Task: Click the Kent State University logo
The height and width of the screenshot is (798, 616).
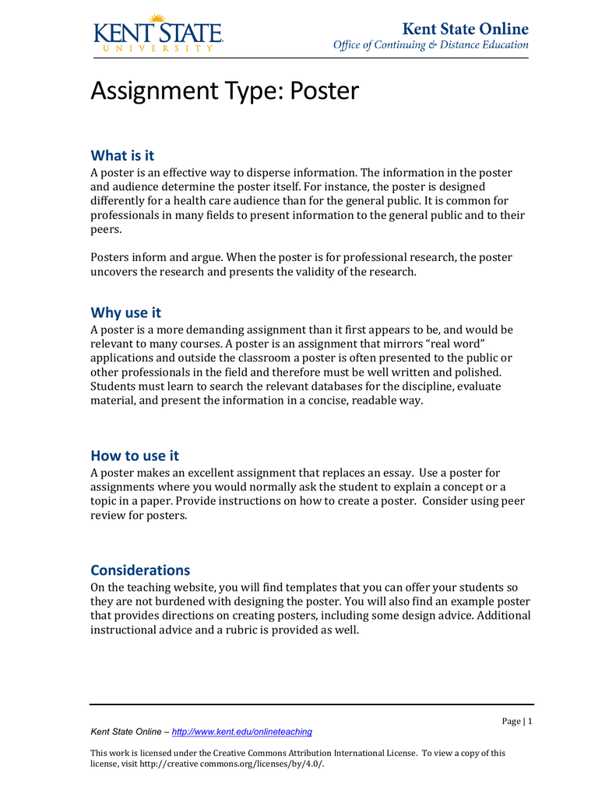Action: click(x=158, y=34)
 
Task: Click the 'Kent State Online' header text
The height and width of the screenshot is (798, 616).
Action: click(x=465, y=29)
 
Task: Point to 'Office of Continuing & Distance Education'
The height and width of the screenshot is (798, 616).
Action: click(x=431, y=45)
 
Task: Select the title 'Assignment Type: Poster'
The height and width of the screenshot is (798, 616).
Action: click(x=224, y=91)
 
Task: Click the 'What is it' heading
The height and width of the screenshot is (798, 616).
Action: click(x=122, y=156)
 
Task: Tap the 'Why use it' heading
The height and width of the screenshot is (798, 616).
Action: click(x=125, y=312)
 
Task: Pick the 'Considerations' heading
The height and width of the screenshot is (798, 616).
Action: click(x=140, y=570)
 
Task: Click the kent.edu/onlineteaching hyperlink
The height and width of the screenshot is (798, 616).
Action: click(x=241, y=732)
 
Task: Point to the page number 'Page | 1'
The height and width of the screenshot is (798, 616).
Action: click(x=516, y=722)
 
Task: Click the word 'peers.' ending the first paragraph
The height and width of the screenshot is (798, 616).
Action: click(x=106, y=230)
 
